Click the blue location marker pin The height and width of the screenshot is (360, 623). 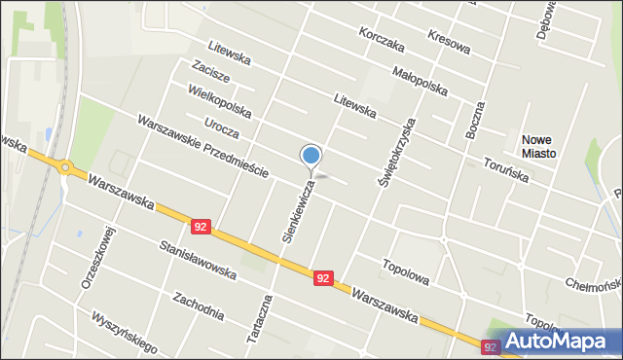311,156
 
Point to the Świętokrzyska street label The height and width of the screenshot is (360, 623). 396,152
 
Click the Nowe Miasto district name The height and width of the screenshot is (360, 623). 538,146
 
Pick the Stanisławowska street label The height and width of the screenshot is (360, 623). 198,261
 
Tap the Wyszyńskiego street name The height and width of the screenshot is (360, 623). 123,331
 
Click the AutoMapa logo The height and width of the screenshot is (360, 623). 554,342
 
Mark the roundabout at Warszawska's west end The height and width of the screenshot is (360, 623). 65,167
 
